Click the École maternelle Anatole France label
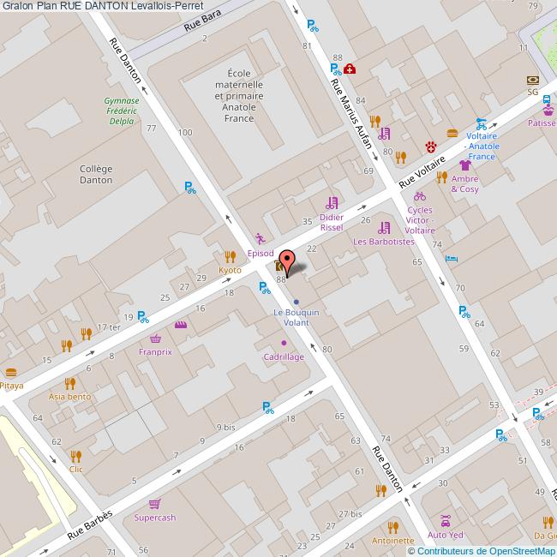coord(234,95)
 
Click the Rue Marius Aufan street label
coord(351,111)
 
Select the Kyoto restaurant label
coord(230,270)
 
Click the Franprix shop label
coord(155,351)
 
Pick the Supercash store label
coord(155,518)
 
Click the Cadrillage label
coord(284,356)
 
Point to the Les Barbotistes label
coord(384,242)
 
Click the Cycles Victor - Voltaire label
coord(420,220)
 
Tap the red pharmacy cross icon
coord(350,69)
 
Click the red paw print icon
coord(430,146)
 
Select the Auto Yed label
coord(446,535)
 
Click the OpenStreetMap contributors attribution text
coord(481,551)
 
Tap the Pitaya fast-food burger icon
coord(10,373)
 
